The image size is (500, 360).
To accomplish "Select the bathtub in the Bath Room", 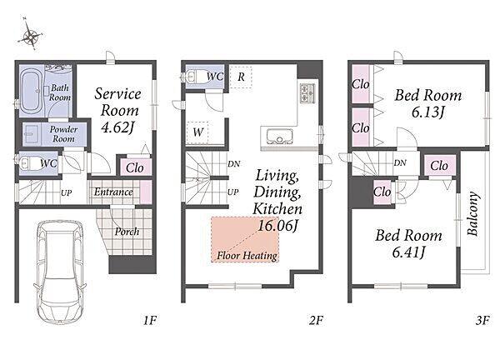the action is tap(30, 91).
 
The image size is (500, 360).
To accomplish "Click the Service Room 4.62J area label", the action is tap(117, 110).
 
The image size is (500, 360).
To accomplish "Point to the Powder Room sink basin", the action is tap(32, 134).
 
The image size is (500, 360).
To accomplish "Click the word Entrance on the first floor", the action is tap(113, 192).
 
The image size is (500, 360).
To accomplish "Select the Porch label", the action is tap(127, 232).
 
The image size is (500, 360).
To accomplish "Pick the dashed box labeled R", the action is tap(241, 77).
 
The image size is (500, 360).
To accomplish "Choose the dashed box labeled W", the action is tap(197, 132).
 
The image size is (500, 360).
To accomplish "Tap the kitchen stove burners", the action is tap(307, 92).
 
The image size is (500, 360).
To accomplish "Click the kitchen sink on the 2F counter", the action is tap(279, 136).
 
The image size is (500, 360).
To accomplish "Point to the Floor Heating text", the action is tap(247, 256).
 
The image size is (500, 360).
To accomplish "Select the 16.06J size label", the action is tap(278, 226).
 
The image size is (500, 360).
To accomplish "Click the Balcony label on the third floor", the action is tap(473, 213).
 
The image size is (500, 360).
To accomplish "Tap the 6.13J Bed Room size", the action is tap(427, 112).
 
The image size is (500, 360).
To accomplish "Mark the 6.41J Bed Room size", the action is tap(408, 252).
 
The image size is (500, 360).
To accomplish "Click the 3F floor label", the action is tap(482, 320).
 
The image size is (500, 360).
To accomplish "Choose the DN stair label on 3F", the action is tap(400, 163).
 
